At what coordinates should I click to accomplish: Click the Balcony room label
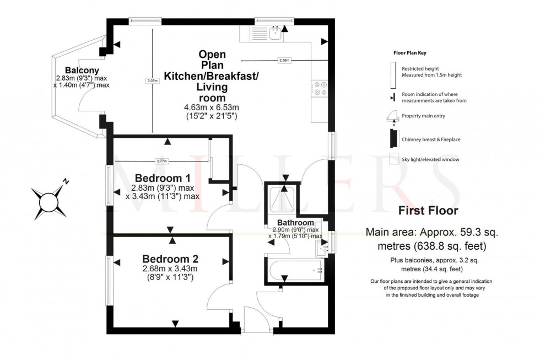pyautogui.click(x=82, y=70)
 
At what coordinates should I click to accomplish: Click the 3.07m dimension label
pyautogui.click(x=152, y=81)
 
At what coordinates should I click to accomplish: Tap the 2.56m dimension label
pyautogui.click(x=284, y=60)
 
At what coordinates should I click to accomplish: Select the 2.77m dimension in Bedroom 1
pyautogui.click(x=161, y=161)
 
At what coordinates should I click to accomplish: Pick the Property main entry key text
pyautogui.click(x=424, y=116)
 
